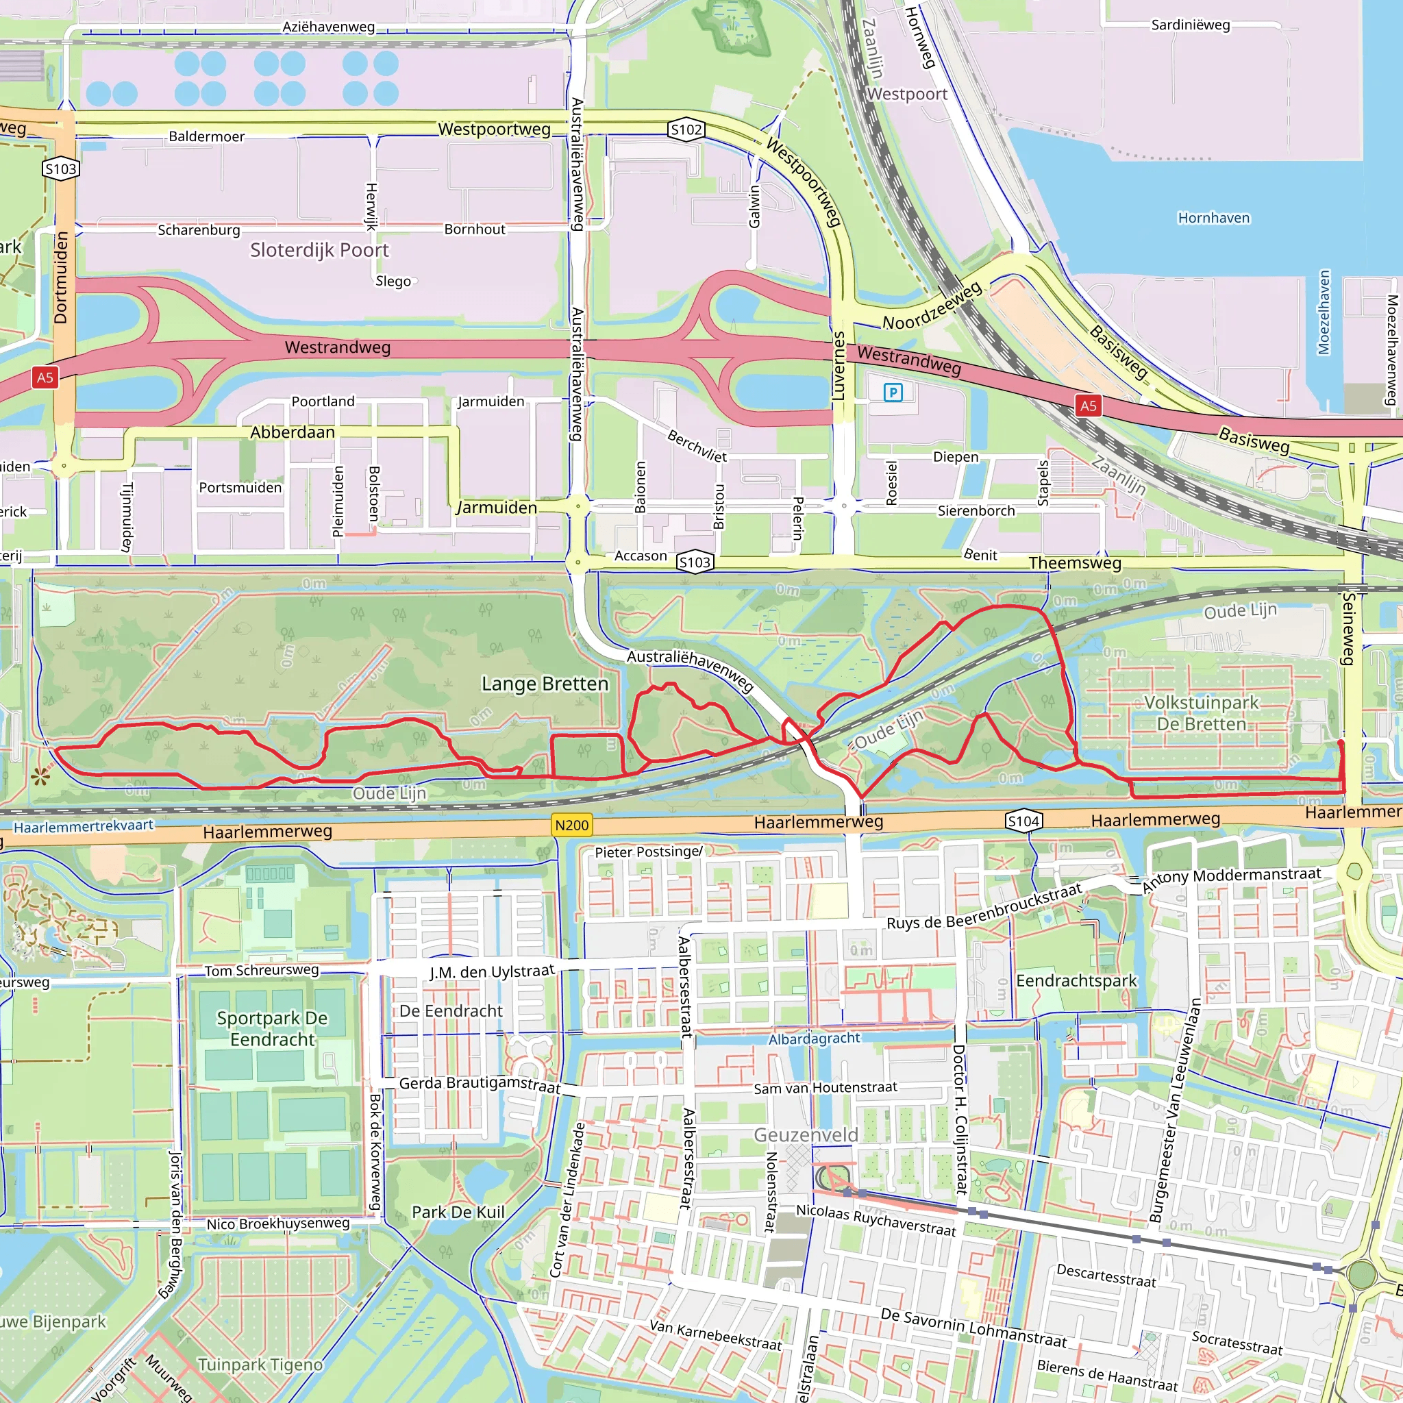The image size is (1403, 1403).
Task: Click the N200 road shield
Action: click(x=571, y=825)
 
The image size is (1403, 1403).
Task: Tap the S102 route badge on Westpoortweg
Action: click(x=686, y=130)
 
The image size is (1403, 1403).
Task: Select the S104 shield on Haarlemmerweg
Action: click(x=1023, y=821)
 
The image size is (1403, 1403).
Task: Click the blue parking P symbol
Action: click(x=893, y=393)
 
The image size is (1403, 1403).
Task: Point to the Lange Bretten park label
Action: click(x=545, y=684)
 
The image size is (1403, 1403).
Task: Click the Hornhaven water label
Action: click(x=1213, y=218)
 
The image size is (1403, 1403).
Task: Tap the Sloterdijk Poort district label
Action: click(x=319, y=251)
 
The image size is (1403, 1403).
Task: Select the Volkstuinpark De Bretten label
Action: click(x=1201, y=713)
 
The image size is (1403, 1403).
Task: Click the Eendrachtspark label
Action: click(x=1076, y=981)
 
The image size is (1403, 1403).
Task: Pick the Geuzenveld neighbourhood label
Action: click(x=806, y=1134)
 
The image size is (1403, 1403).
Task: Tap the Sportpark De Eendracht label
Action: click(x=273, y=1028)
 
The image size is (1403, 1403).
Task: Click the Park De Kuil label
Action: click(x=458, y=1212)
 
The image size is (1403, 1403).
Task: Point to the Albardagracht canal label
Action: click(x=813, y=1039)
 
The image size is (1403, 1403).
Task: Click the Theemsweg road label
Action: click(x=1075, y=564)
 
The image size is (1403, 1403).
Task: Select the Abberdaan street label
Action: click(x=293, y=433)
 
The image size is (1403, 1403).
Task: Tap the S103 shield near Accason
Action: click(x=694, y=562)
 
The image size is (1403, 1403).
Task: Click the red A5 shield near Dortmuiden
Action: click(x=45, y=377)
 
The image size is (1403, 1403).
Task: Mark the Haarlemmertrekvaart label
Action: click(x=84, y=826)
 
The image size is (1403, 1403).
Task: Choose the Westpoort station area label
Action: click(x=907, y=95)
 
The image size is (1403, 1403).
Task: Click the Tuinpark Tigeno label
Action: click(x=260, y=1365)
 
